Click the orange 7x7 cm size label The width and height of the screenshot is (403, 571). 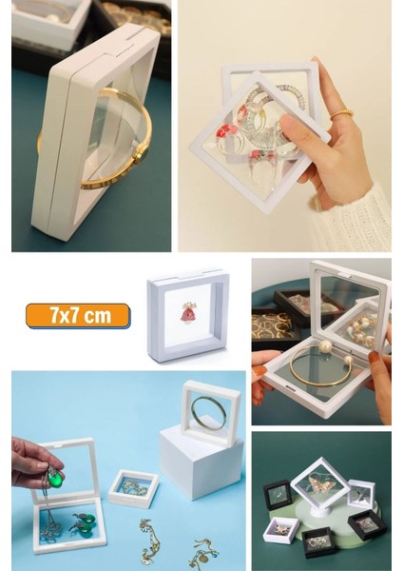(78, 315)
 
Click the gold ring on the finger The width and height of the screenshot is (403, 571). (341, 114)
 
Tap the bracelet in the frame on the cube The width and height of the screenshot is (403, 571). (210, 412)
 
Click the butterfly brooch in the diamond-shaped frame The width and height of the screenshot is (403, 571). (318, 482)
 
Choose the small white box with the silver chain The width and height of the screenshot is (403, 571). (133, 487)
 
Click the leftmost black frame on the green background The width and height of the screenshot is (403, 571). (277, 495)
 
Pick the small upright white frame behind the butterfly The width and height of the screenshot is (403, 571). (361, 493)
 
